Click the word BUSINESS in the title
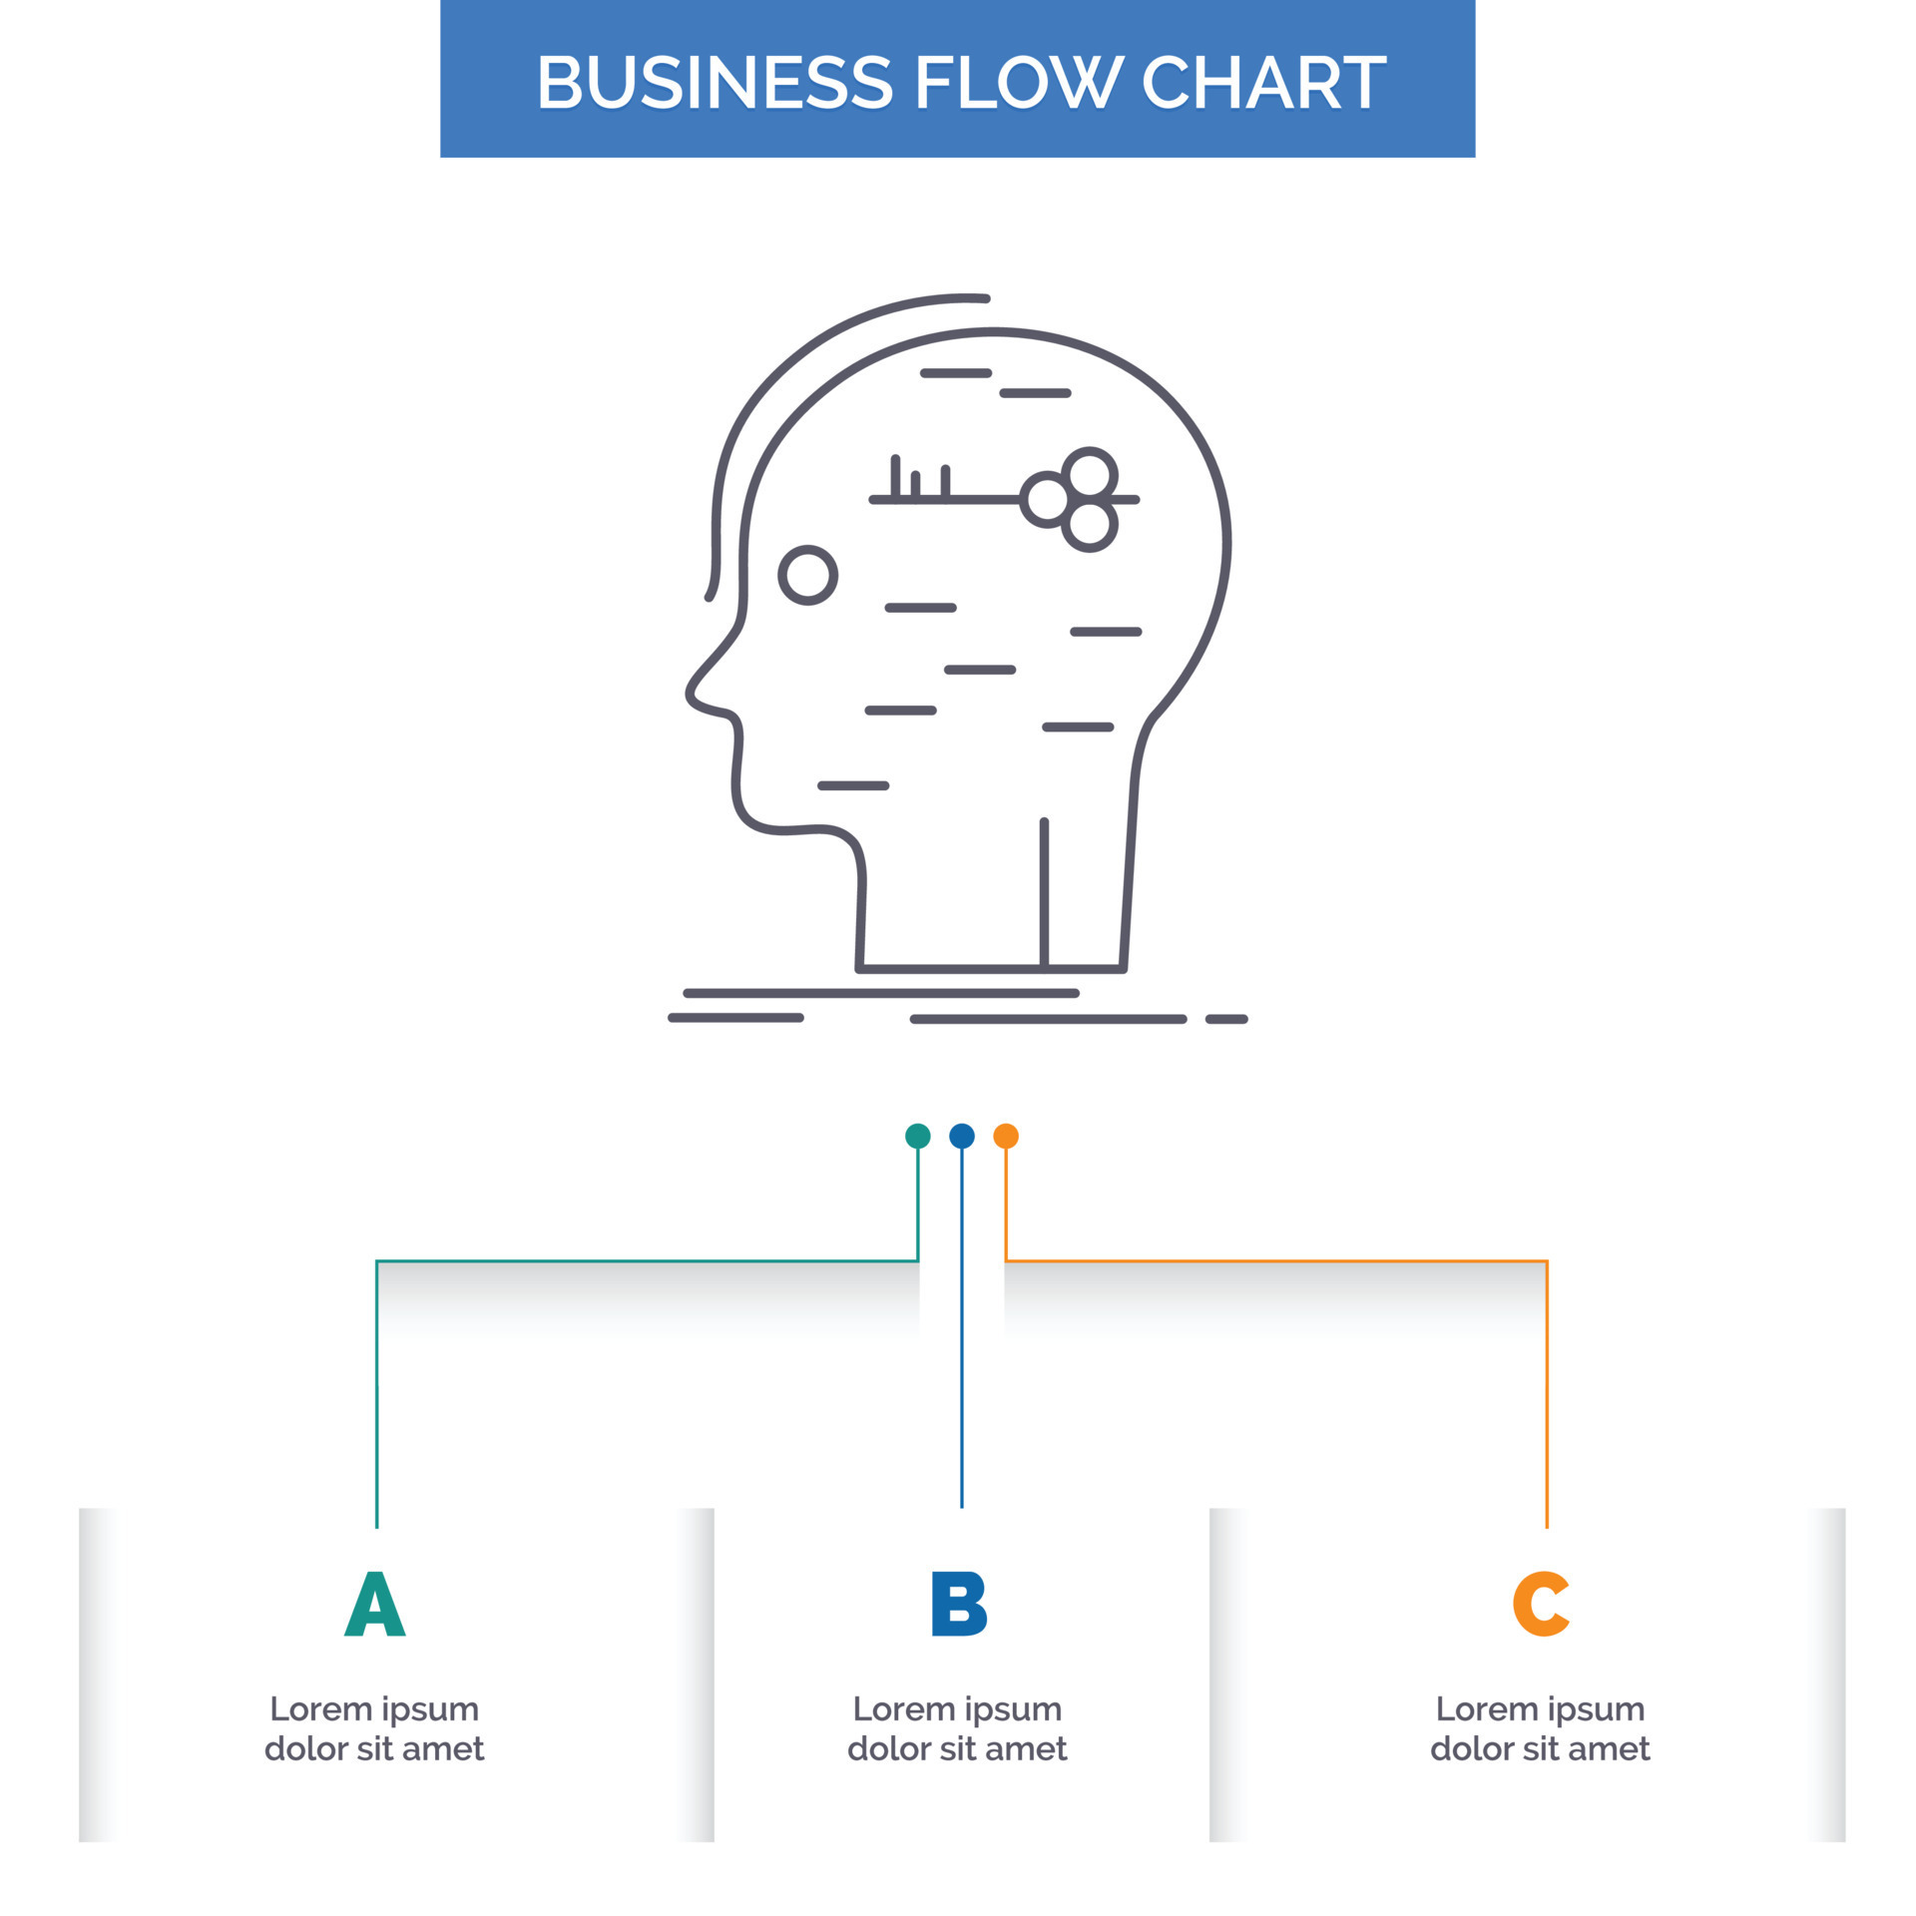point(715,82)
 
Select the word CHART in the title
point(1263,82)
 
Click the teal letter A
point(375,1604)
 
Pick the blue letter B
point(958,1604)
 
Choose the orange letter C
point(1541,1604)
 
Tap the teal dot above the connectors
point(918,1136)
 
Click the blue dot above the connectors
point(962,1136)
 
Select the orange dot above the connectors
point(1006,1136)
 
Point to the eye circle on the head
point(807,576)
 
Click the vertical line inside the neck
point(1044,893)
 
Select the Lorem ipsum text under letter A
point(374,1728)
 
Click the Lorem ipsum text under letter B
point(957,1728)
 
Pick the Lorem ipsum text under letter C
point(1540,1728)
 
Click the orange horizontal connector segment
point(1277,1261)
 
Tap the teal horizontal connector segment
point(647,1261)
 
